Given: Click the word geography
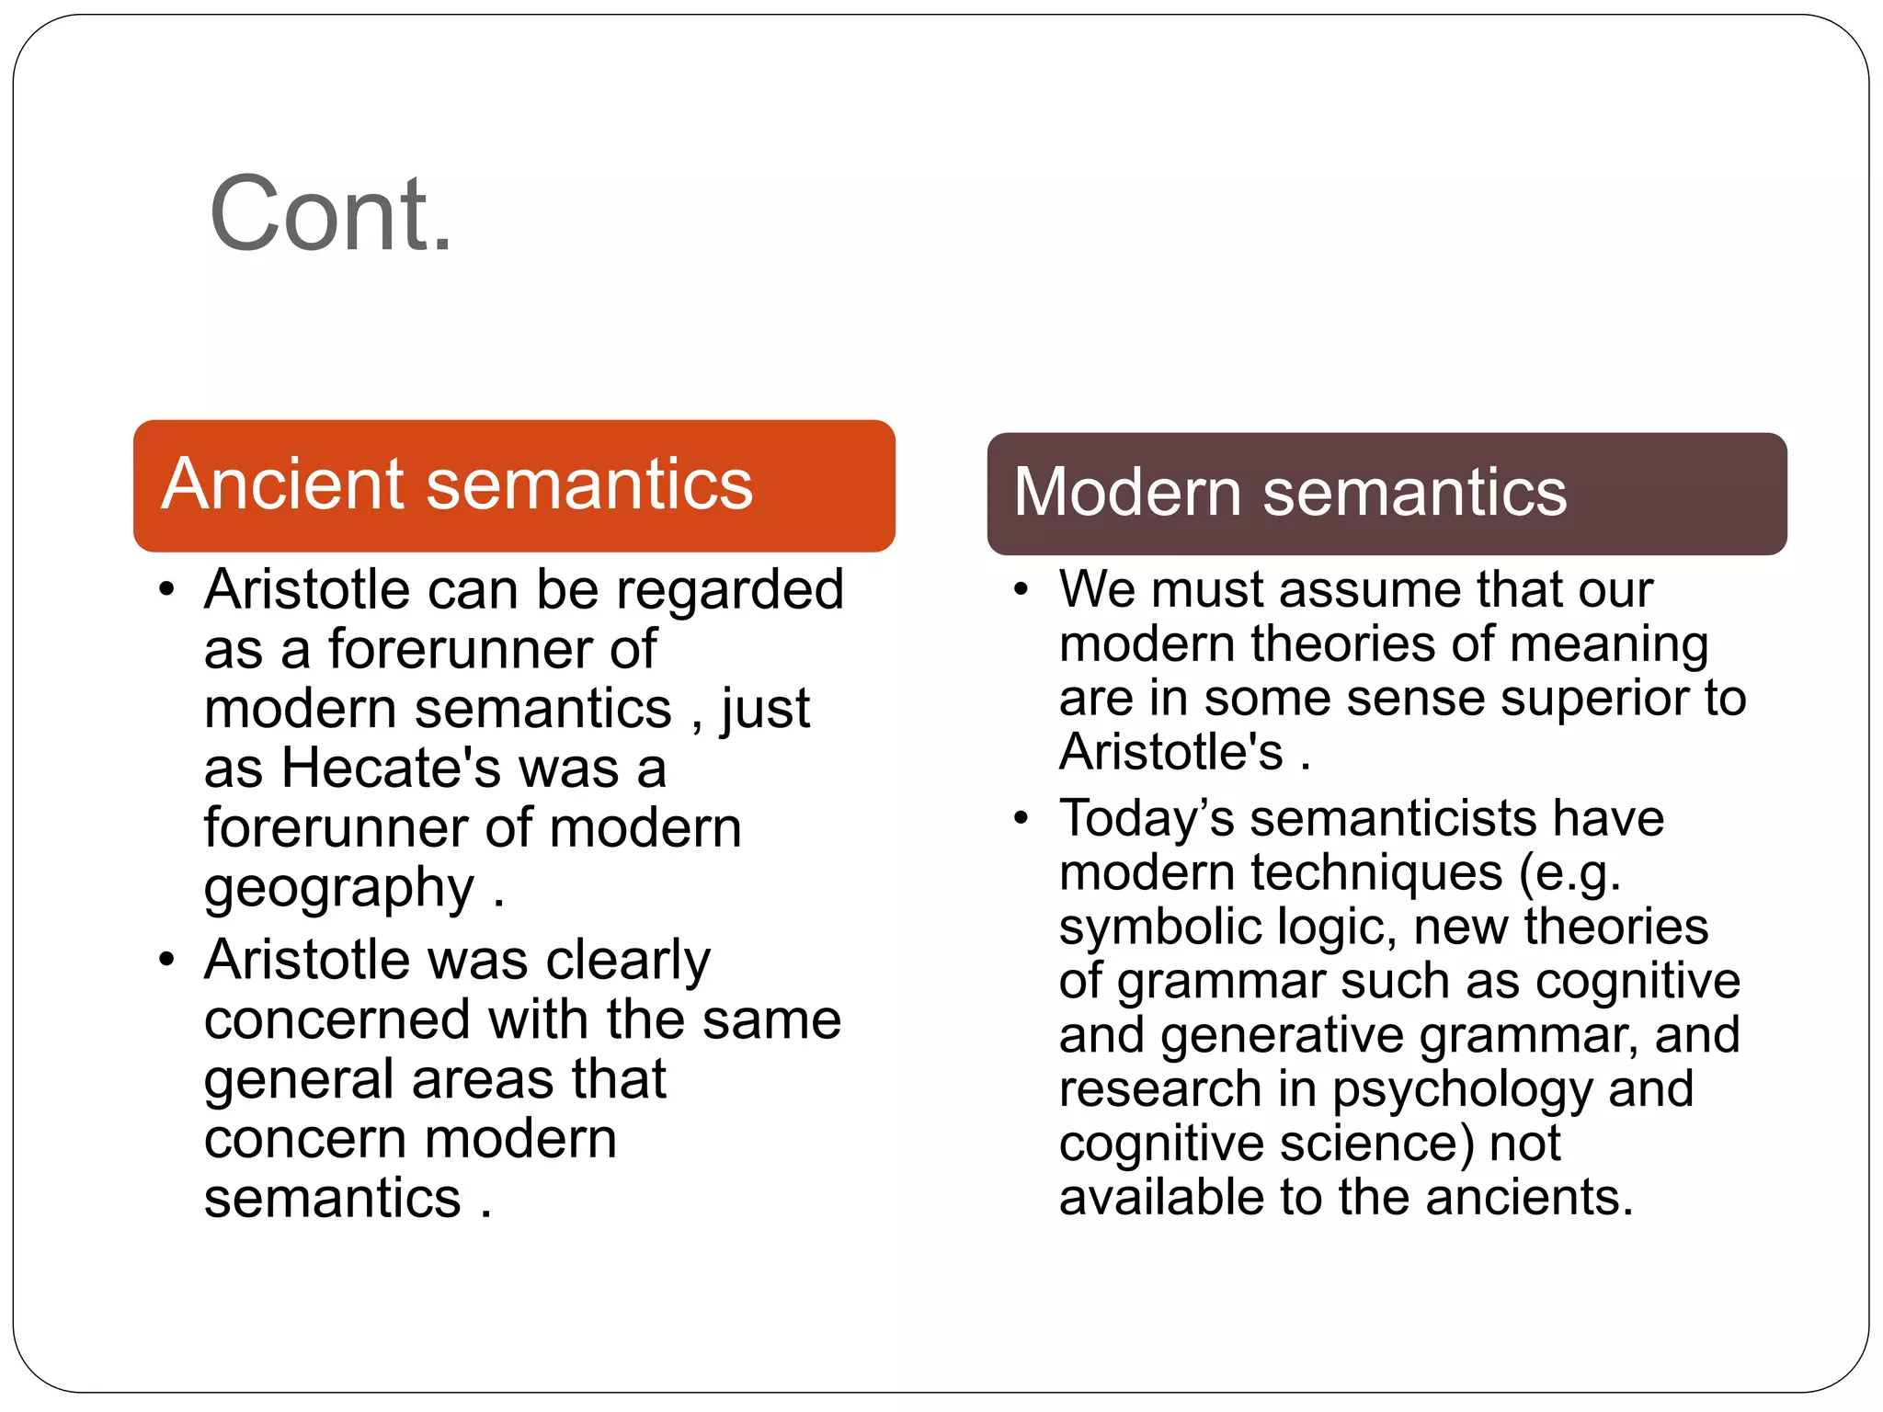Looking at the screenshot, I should point(338,889).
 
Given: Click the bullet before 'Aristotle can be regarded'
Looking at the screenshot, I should point(166,589).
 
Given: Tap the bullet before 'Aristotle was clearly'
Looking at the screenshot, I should point(166,960).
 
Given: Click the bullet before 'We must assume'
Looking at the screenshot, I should point(1021,589).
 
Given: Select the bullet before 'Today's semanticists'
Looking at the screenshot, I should point(1021,817).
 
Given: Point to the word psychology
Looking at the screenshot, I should point(1462,1090).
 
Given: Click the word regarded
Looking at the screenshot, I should point(730,589).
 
